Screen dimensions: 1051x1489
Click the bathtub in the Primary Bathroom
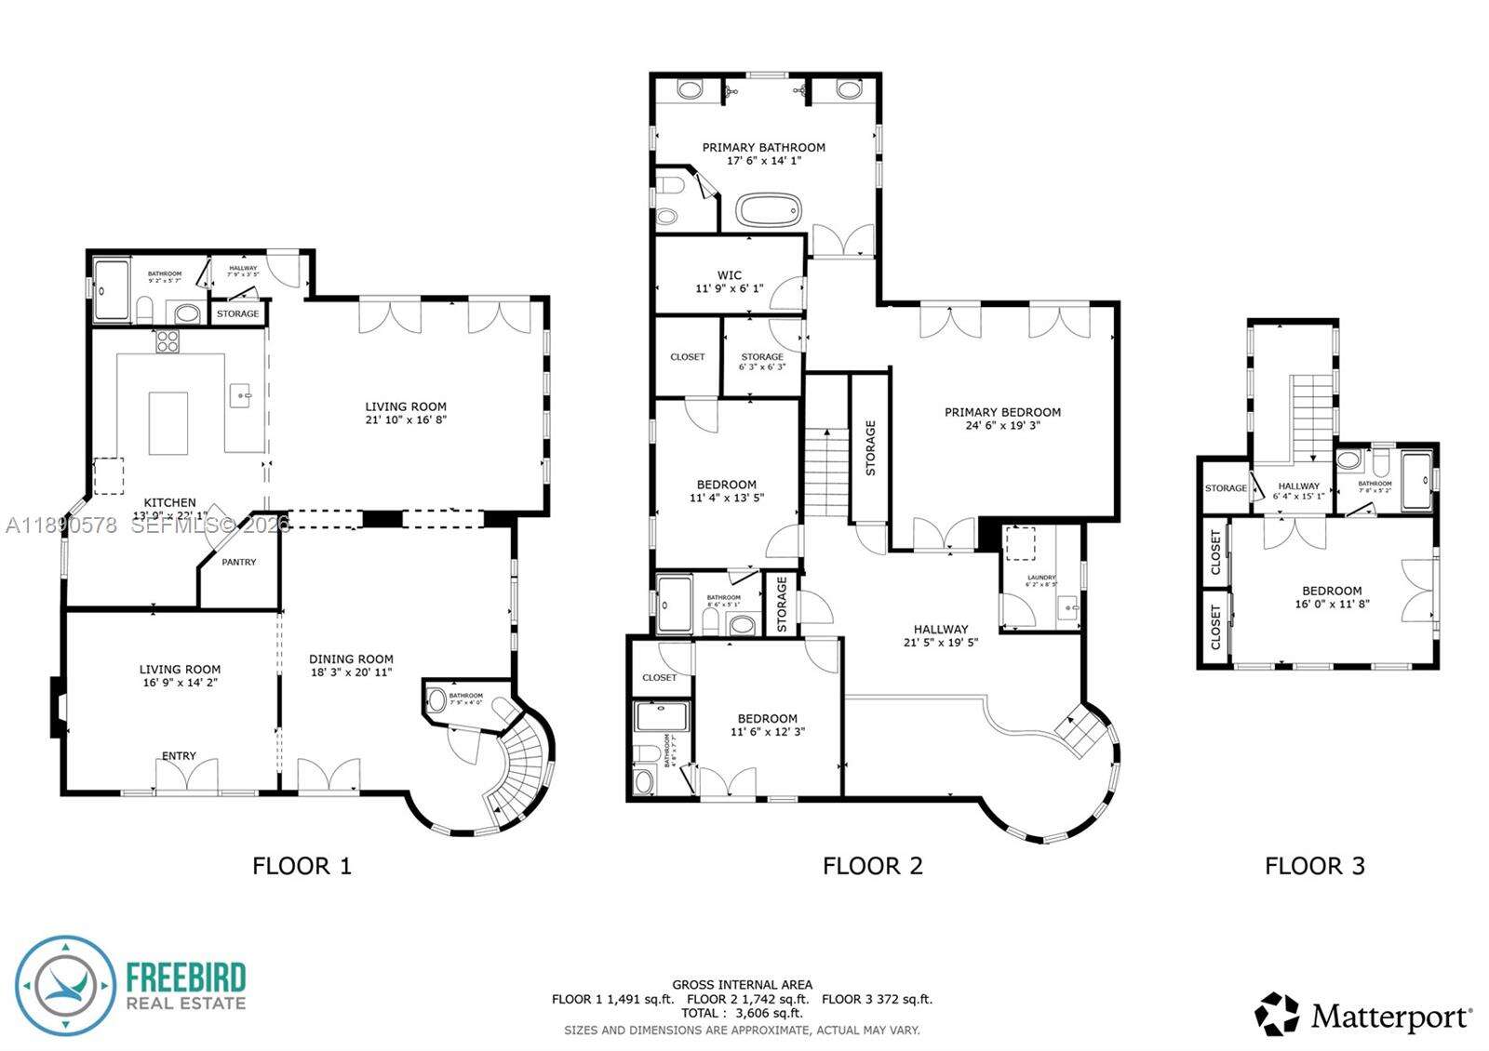(x=769, y=209)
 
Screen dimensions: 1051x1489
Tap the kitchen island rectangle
(x=168, y=423)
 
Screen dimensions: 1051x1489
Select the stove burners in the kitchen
(x=168, y=341)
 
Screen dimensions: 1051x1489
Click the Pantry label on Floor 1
(x=239, y=562)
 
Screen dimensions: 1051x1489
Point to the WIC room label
(x=730, y=275)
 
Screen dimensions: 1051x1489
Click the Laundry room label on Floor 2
(x=1041, y=578)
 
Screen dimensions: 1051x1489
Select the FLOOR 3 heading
(x=1314, y=866)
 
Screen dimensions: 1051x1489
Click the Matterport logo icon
(x=1277, y=1014)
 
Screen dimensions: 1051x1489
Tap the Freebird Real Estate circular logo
(x=65, y=986)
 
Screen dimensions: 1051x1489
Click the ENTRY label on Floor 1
(x=179, y=755)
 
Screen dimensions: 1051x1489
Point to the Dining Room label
(x=351, y=659)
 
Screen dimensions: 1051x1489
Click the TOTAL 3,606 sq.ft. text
(x=742, y=1013)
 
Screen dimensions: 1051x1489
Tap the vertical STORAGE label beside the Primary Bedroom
(x=871, y=447)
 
